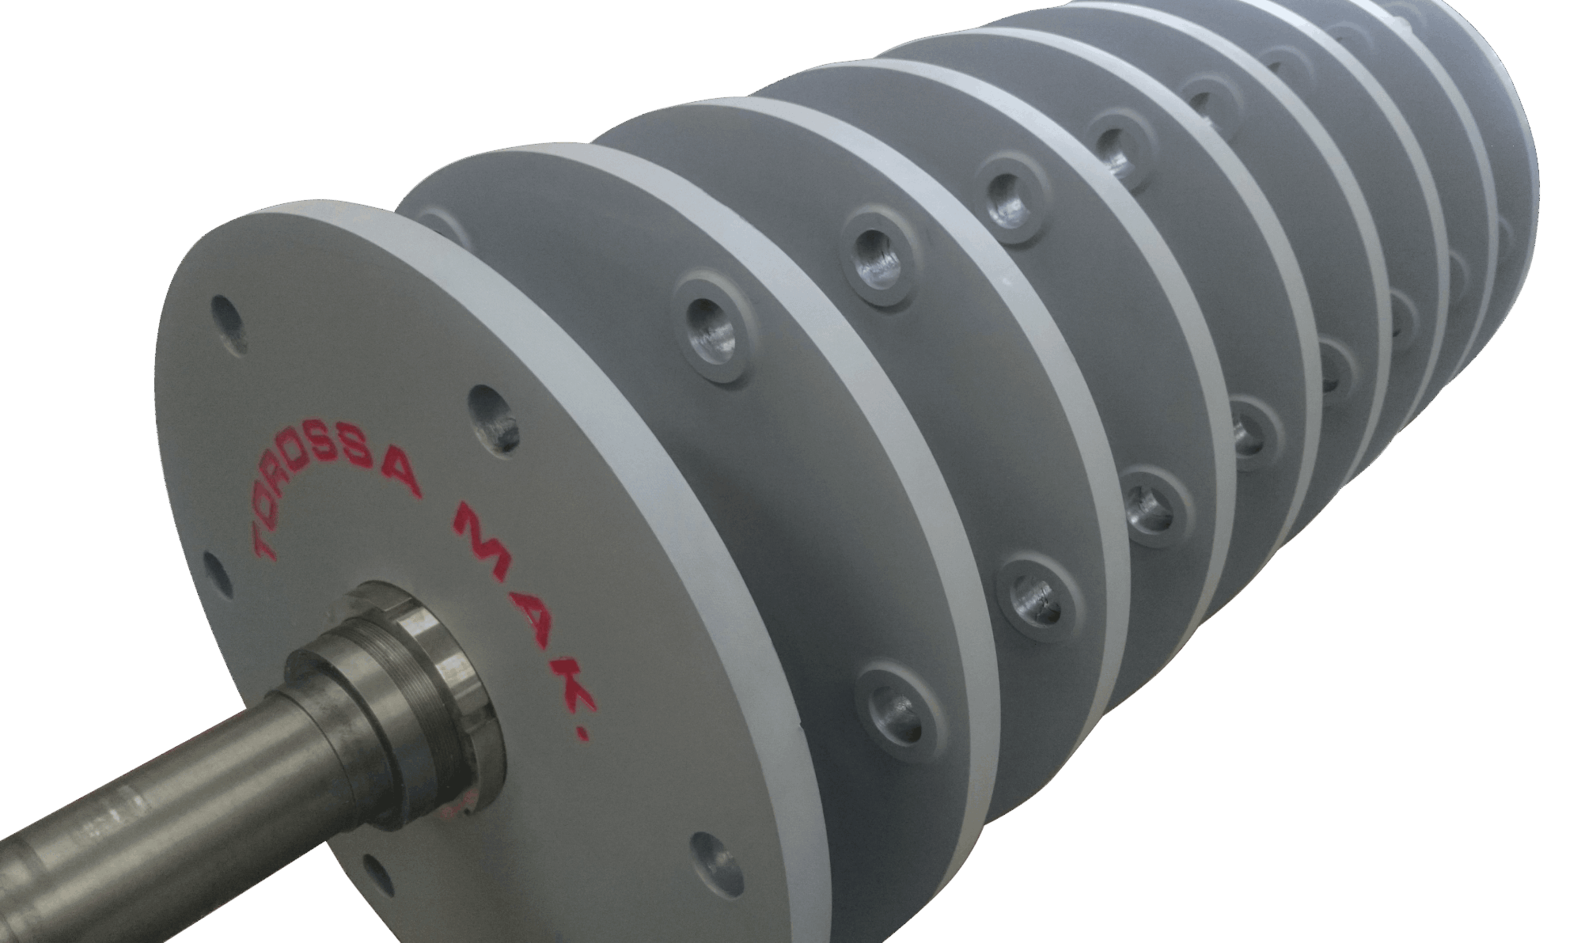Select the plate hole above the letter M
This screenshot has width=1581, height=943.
(x=491, y=416)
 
